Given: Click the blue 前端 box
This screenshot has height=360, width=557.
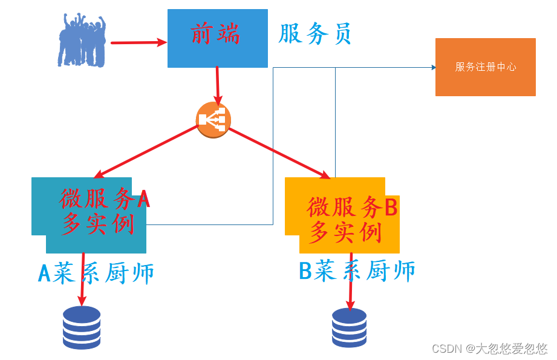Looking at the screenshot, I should tap(217, 38).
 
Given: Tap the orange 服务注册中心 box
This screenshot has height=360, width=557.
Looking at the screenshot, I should tap(485, 67).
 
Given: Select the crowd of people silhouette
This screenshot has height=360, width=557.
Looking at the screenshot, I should tap(82, 41).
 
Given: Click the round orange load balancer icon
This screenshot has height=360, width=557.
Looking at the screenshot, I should tap(213, 120).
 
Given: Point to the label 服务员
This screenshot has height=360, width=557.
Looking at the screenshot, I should tap(314, 34).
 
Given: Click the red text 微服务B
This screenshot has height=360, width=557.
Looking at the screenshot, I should tap(352, 207).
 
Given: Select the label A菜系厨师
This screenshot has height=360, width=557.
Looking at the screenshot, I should tap(96, 273).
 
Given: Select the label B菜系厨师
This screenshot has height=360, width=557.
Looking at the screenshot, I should tap(357, 270).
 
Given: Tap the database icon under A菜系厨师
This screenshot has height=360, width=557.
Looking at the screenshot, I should tap(82, 327).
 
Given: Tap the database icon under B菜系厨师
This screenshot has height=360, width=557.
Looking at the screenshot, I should tap(349, 327).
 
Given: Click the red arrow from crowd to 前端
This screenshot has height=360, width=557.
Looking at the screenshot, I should tap(138, 42).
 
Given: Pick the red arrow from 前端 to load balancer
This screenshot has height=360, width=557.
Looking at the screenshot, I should tap(217, 85).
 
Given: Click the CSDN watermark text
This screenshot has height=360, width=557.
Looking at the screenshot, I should tap(489, 349).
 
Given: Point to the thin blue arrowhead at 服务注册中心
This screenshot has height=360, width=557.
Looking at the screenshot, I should tap(434, 68).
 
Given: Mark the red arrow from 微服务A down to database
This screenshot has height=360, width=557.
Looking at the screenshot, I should tap(82, 279).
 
